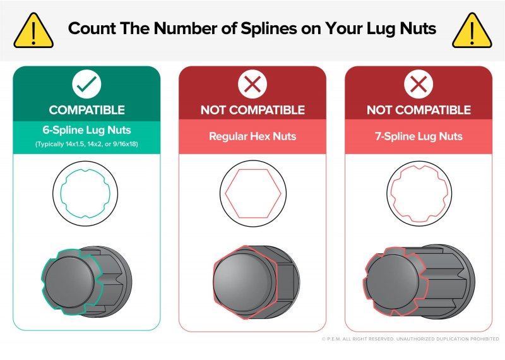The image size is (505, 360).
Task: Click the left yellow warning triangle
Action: [x=33, y=31]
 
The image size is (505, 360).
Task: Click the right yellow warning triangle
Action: [x=472, y=31]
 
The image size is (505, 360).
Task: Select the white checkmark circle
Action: [x=86, y=84]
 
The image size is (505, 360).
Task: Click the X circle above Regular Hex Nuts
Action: [x=252, y=84]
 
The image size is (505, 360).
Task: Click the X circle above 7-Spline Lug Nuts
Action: [x=419, y=84]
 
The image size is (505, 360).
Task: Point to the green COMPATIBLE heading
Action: [x=87, y=111]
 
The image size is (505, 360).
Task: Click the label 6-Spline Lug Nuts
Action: [x=86, y=130]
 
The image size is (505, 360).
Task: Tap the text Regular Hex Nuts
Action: [x=252, y=136]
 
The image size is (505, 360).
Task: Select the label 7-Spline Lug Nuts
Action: [x=419, y=136]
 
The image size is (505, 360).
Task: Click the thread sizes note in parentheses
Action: [x=86, y=144]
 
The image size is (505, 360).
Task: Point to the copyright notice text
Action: [x=410, y=339]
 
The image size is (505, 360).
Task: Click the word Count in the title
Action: [x=92, y=28]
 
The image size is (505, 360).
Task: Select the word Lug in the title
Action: [x=382, y=29]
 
